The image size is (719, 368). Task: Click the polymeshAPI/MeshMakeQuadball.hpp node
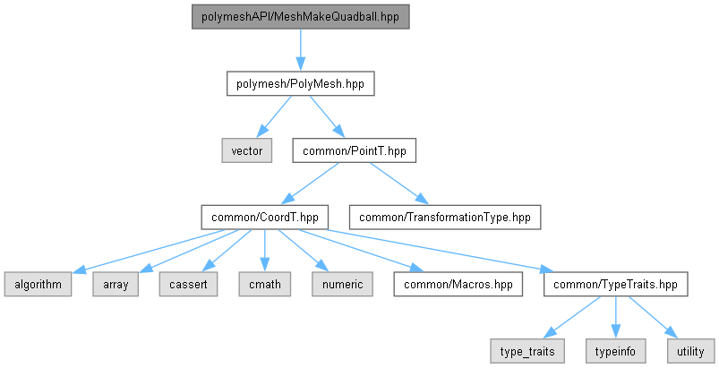(x=300, y=17)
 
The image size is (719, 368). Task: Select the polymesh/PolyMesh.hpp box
(x=300, y=84)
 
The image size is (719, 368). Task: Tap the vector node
(x=247, y=150)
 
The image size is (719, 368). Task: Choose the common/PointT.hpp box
(x=355, y=150)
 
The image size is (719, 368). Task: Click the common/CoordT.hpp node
(x=264, y=218)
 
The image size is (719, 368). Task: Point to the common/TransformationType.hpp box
(x=445, y=218)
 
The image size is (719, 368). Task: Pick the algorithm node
(x=39, y=284)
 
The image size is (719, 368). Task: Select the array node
(x=116, y=284)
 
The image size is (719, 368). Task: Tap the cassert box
(x=188, y=284)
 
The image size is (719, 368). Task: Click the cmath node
(x=264, y=284)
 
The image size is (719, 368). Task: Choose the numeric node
(x=343, y=284)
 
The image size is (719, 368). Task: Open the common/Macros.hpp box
(x=458, y=284)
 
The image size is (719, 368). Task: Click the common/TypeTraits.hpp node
(x=615, y=284)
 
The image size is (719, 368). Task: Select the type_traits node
(x=527, y=351)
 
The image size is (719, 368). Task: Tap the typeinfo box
(x=615, y=351)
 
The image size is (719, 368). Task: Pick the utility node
(x=690, y=351)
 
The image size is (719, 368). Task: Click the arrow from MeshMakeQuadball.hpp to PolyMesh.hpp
(x=300, y=50)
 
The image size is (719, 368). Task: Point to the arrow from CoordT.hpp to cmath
(x=264, y=251)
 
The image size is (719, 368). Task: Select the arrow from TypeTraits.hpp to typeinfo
(x=615, y=318)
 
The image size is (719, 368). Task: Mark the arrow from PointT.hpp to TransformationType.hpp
(x=399, y=184)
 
